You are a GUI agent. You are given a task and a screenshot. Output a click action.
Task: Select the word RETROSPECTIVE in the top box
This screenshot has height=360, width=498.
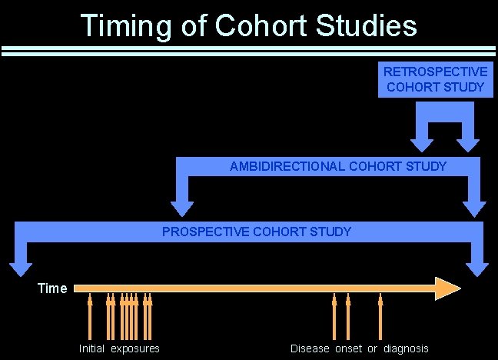click(435, 72)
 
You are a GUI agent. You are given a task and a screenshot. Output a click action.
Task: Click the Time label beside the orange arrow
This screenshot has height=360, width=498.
click(53, 288)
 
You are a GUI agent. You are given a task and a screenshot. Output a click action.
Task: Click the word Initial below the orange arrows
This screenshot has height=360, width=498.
click(91, 349)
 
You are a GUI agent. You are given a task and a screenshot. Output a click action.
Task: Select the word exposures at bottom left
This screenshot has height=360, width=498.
click(135, 349)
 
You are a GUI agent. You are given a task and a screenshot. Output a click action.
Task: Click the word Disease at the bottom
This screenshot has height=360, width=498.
click(310, 349)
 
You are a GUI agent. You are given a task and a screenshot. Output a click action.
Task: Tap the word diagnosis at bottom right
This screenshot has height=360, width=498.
click(406, 349)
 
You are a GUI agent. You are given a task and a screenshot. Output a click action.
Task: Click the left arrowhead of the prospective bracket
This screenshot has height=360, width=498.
click(18, 268)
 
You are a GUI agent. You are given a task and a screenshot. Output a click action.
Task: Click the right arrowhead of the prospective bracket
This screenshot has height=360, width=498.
click(477, 268)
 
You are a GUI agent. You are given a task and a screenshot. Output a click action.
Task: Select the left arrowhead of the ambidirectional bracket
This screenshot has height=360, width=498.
click(181, 207)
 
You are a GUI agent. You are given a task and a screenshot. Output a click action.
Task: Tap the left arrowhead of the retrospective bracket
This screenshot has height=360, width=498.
click(421, 142)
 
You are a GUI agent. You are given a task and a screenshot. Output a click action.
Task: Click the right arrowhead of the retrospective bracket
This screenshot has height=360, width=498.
click(468, 142)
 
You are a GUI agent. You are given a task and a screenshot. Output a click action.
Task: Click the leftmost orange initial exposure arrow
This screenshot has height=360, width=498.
click(90, 315)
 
